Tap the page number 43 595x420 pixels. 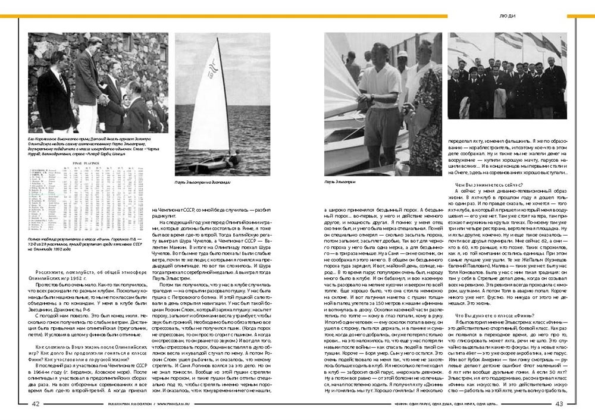point(559,403)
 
